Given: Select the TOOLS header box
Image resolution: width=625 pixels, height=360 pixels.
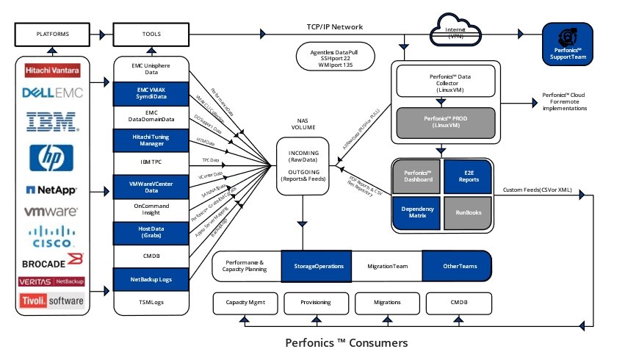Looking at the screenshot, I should click(x=152, y=34).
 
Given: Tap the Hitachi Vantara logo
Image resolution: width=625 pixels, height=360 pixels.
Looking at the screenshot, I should click(x=54, y=71).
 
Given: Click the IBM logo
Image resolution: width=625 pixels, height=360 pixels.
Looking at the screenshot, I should click(x=52, y=120).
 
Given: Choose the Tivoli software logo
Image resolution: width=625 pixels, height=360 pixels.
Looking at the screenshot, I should click(x=52, y=301).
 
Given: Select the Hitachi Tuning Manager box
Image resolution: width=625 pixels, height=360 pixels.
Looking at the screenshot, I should click(x=152, y=140).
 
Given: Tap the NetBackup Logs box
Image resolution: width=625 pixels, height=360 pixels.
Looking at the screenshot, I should click(x=152, y=279).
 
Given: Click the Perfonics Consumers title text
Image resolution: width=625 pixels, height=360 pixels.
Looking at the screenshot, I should click(x=346, y=342).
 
